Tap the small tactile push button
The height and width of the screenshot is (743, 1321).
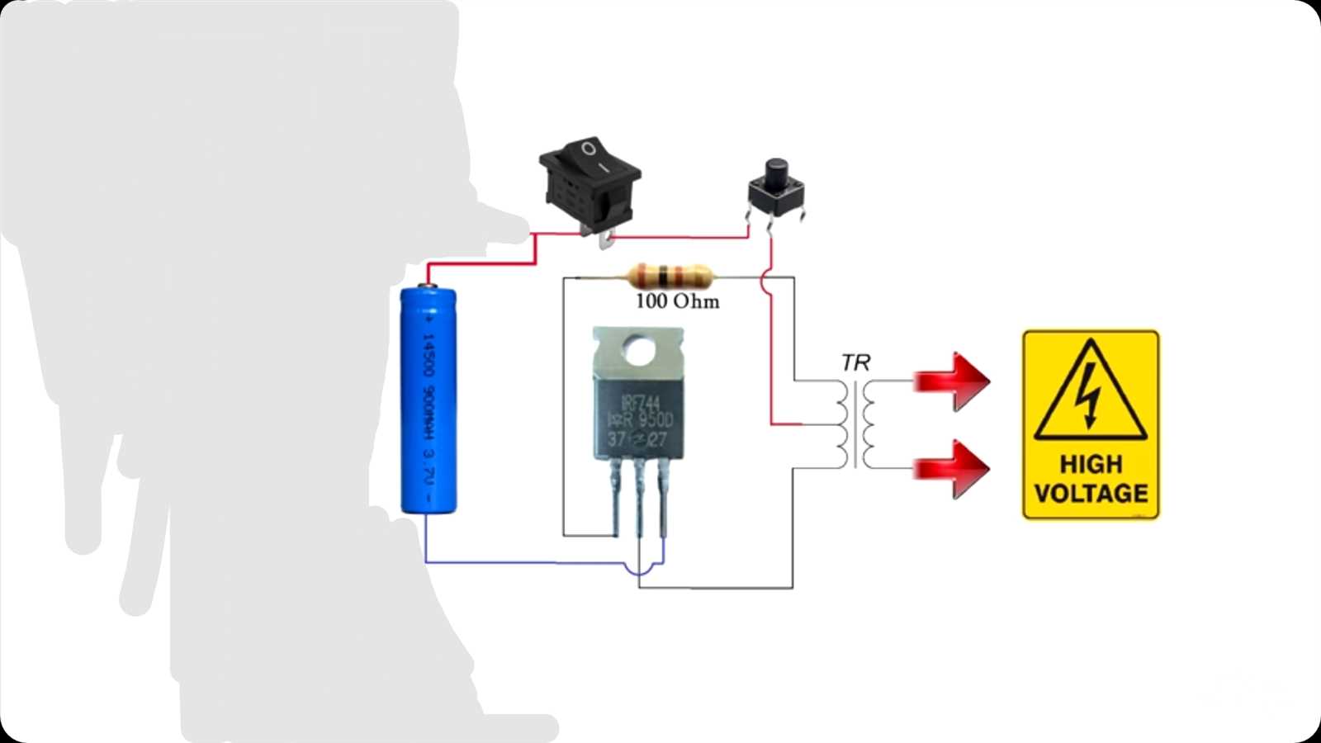click(774, 190)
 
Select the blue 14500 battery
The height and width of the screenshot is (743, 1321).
click(428, 400)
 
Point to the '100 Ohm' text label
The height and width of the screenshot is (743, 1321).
click(677, 301)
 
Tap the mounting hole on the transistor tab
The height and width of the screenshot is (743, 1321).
click(637, 350)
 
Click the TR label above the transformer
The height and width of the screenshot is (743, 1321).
click(855, 362)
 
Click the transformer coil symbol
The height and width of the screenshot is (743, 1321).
click(855, 424)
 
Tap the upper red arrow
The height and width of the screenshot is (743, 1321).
click(954, 381)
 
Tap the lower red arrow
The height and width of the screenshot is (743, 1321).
click(954, 468)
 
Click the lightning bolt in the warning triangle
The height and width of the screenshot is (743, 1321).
click(1091, 395)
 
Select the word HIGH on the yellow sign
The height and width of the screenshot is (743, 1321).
click(1091, 464)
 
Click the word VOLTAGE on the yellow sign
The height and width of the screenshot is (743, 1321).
click(1091, 494)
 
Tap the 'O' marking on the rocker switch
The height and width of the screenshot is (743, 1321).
click(588, 149)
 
